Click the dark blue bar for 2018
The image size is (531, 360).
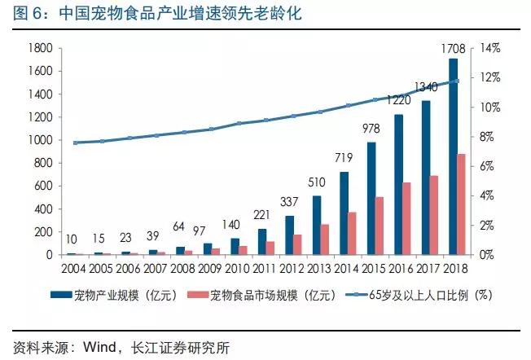[x=453, y=156]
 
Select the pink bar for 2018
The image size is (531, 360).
[x=462, y=204]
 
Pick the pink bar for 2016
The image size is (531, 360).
[x=407, y=218]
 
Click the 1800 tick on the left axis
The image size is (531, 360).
[x=39, y=48]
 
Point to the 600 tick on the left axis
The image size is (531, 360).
[x=42, y=186]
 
